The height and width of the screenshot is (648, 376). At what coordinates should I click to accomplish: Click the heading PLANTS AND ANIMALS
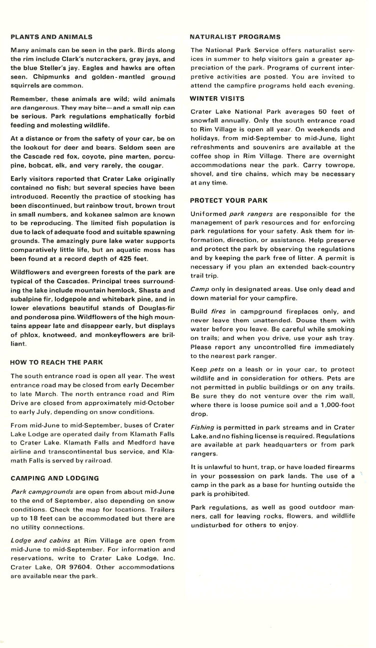point(51,37)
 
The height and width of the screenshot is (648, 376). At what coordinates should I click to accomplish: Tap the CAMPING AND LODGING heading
point(55,478)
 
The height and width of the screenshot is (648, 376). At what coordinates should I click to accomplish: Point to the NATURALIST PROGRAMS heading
point(236,37)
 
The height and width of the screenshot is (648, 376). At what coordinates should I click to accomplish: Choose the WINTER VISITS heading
point(218,98)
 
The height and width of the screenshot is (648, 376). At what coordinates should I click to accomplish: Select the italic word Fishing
point(203,428)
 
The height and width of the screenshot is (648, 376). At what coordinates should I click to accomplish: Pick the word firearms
point(339,467)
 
